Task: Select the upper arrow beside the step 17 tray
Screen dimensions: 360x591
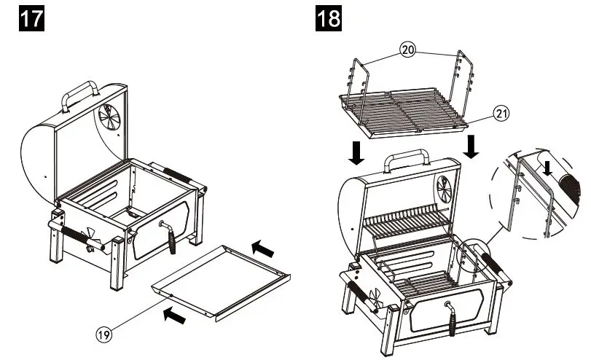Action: pyautogui.click(x=263, y=250)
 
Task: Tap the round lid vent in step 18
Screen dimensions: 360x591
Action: pyautogui.click(x=442, y=190)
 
